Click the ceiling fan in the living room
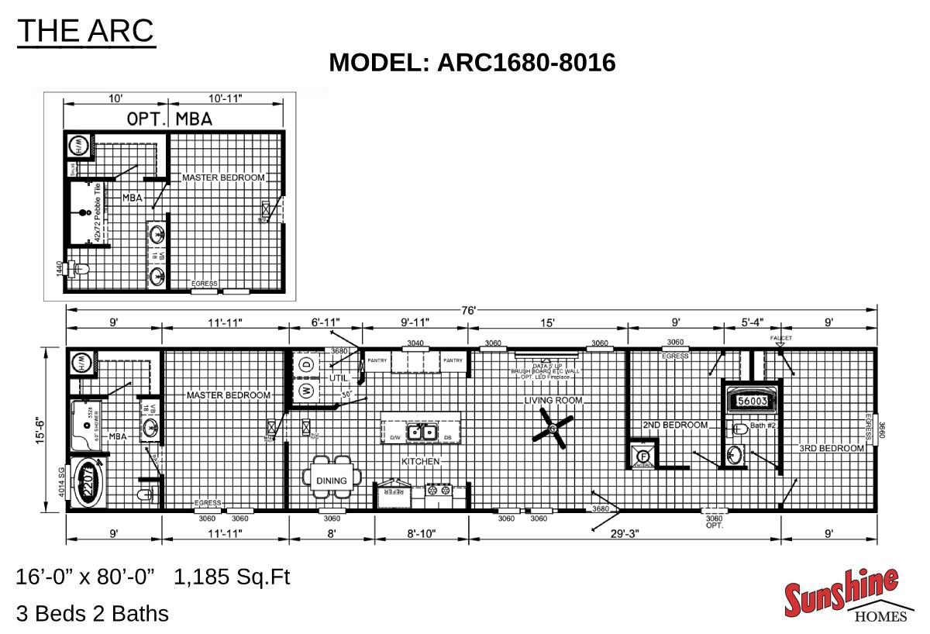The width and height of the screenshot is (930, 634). tap(553, 429)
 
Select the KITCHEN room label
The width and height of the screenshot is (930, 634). tap(420, 462)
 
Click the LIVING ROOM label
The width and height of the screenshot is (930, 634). tap(553, 401)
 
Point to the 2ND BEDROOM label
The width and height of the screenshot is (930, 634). tap(676, 426)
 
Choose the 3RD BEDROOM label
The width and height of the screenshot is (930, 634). tap(832, 449)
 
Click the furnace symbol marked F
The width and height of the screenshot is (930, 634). tap(642, 456)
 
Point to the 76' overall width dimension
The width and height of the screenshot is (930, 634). tap(469, 310)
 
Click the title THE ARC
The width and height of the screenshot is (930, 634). tap(86, 31)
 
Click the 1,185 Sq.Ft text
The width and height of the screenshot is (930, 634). tap(232, 577)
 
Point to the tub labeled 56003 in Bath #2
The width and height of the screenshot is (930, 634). tap(752, 401)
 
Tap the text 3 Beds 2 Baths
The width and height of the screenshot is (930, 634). tap(92, 614)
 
